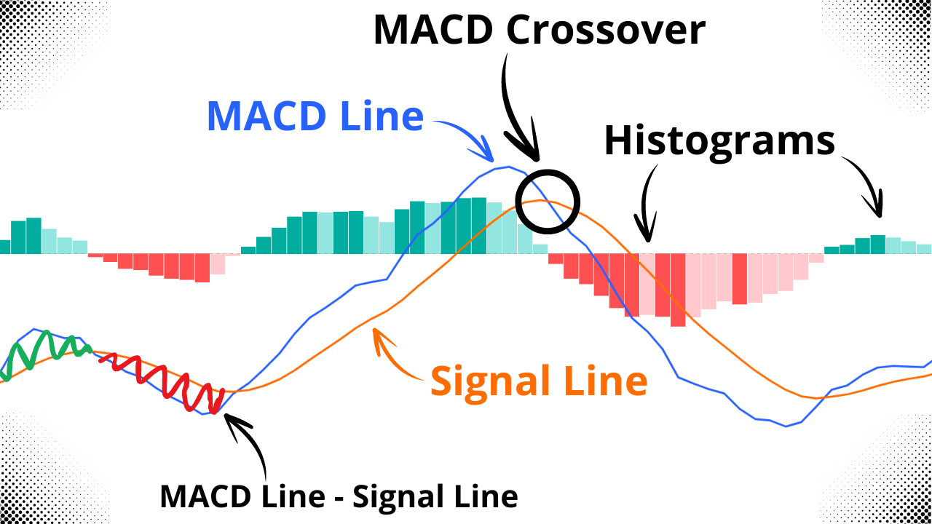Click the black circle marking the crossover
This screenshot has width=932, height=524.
[x=547, y=201]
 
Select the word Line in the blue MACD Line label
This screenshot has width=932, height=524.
[x=386, y=116]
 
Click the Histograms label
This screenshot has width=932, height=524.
[x=719, y=140]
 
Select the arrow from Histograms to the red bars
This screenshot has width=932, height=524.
[x=646, y=204]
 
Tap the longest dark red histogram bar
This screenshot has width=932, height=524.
[x=678, y=290]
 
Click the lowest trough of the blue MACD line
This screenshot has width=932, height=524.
[x=786, y=426]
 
